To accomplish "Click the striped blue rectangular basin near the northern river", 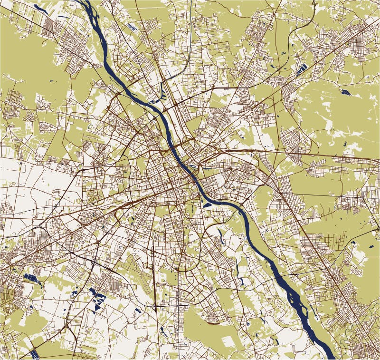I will point(133,28).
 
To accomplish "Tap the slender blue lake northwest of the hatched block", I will point(38,7).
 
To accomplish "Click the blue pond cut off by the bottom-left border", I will point(33,354).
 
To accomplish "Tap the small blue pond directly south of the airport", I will point(137,310).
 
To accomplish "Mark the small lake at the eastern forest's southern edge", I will point(352,243).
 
